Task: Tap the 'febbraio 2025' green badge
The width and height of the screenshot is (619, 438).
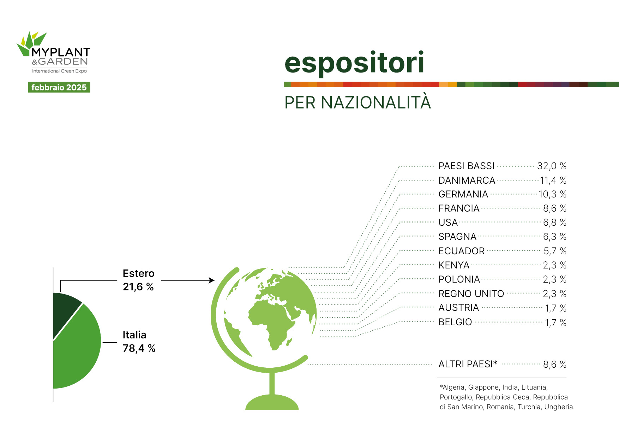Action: coord(59,87)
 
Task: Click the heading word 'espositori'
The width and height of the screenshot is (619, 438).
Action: coord(354,63)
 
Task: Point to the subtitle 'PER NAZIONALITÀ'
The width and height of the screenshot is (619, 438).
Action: coord(357,102)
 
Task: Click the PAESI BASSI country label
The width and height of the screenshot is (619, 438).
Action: coord(466,166)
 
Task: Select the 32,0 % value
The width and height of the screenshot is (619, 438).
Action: coord(552,166)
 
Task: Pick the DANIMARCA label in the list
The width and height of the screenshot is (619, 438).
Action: coord(467,180)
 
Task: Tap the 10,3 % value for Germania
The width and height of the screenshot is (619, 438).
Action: coord(552,194)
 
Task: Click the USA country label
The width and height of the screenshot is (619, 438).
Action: coord(448,223)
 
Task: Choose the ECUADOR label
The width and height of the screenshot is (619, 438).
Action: coord(461,251)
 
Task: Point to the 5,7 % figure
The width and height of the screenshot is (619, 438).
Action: coord(555,251)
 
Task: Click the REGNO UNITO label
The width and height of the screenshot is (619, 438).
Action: coord(471,294)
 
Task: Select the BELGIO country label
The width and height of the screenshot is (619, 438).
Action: coord(455,322)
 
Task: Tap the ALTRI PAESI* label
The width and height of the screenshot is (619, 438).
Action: coord(468,364)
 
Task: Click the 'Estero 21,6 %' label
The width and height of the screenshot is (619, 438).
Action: coord(139,280)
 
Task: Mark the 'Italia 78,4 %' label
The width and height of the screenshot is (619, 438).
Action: coord(139,342)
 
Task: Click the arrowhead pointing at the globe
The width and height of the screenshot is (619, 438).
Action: coord(212,280)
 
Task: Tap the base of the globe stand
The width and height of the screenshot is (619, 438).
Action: coord(272,403)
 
